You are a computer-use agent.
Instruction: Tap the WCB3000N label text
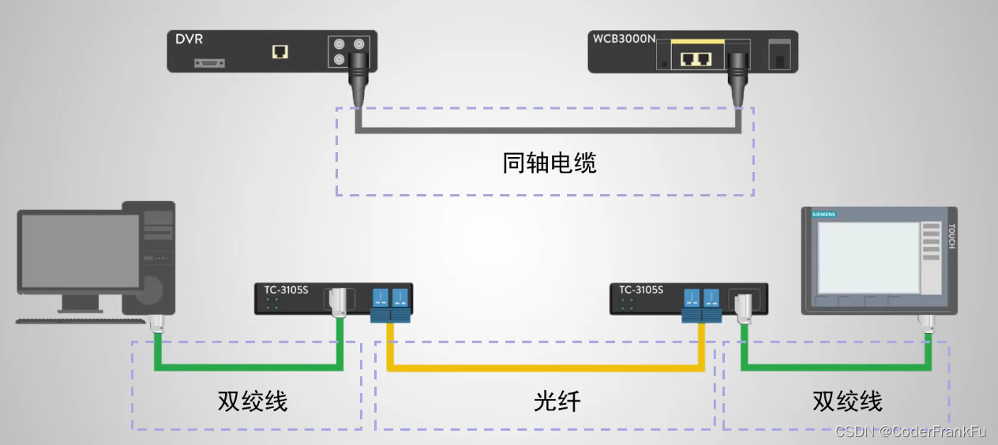624,39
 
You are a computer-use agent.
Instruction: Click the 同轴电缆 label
550,163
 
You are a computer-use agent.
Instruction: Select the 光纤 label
557,401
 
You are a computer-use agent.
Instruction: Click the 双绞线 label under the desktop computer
253,401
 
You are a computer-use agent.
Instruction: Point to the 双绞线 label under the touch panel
847,401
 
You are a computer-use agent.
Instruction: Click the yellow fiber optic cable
545,368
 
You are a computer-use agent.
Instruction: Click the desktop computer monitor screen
80,251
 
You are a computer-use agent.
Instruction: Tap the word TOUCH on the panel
951,236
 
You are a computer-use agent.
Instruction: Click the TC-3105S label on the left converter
287,290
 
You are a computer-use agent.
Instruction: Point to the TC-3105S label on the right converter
641,290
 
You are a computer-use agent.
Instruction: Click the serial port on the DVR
212,62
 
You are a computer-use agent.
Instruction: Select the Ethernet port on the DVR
280,52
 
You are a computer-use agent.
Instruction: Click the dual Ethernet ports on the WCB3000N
696,58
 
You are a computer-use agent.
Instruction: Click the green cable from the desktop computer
248,366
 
